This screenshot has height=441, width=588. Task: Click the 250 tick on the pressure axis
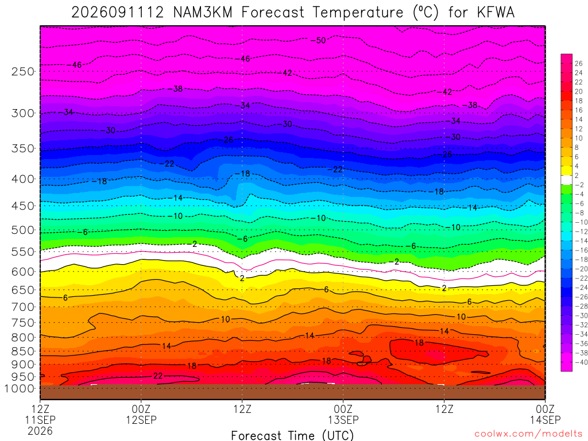click(x=23, y=71)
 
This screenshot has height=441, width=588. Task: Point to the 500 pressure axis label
click(x=23, y=230)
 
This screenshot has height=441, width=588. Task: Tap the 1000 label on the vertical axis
click(x=20, y=389)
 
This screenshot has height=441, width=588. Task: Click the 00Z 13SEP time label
click(x=343, y=414)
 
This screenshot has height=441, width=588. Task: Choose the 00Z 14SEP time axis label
click(x=546, y=414)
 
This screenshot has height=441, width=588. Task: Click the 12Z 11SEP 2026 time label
click(x=40, y=420)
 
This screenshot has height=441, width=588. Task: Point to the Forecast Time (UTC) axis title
click(x=292, y=435)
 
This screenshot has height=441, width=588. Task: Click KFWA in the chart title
click(x=496, y=13)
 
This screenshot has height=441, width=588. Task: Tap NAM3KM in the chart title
click(x=203, y=13)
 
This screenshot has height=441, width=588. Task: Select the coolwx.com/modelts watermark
click(x=528, y=434)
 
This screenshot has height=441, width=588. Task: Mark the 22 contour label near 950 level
click(x=158, y=376)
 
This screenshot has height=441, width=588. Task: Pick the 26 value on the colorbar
click(x=578, y=63)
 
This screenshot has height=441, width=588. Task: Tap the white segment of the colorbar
click(x=566, y=180)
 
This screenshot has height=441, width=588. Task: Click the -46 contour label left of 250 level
click(x=75, y=65)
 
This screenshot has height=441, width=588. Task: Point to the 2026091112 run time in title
click(x=118, y=13)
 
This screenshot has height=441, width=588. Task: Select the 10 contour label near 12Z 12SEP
click(x=225, y=319)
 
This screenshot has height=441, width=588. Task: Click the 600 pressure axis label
click(x=23, y=272)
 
